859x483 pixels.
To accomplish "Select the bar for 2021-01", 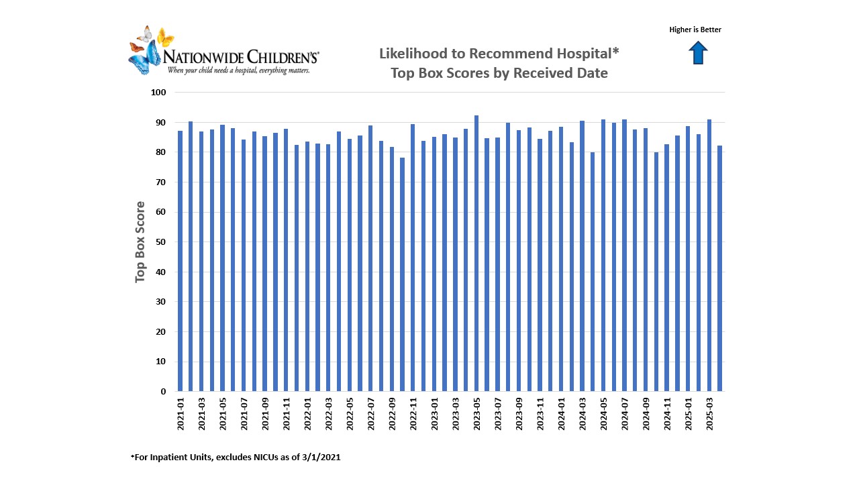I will (x=180, y=261).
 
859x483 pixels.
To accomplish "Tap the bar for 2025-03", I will (x=709, y=256).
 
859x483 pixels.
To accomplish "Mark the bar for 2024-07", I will (x=625, y=256).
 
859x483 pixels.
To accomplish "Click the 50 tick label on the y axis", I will (x=160, y=242).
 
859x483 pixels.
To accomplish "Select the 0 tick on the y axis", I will (x=163, y=392).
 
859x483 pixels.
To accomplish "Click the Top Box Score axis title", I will (x=140, y=242).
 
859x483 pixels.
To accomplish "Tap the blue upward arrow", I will (x=698, y=52).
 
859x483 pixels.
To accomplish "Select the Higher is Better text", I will (x=695, y=30).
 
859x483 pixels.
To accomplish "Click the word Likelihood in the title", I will (x=411, y=54).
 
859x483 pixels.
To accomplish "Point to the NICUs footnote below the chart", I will (x=236, y=457).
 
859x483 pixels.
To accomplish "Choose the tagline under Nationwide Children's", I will (x=238, y=70).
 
